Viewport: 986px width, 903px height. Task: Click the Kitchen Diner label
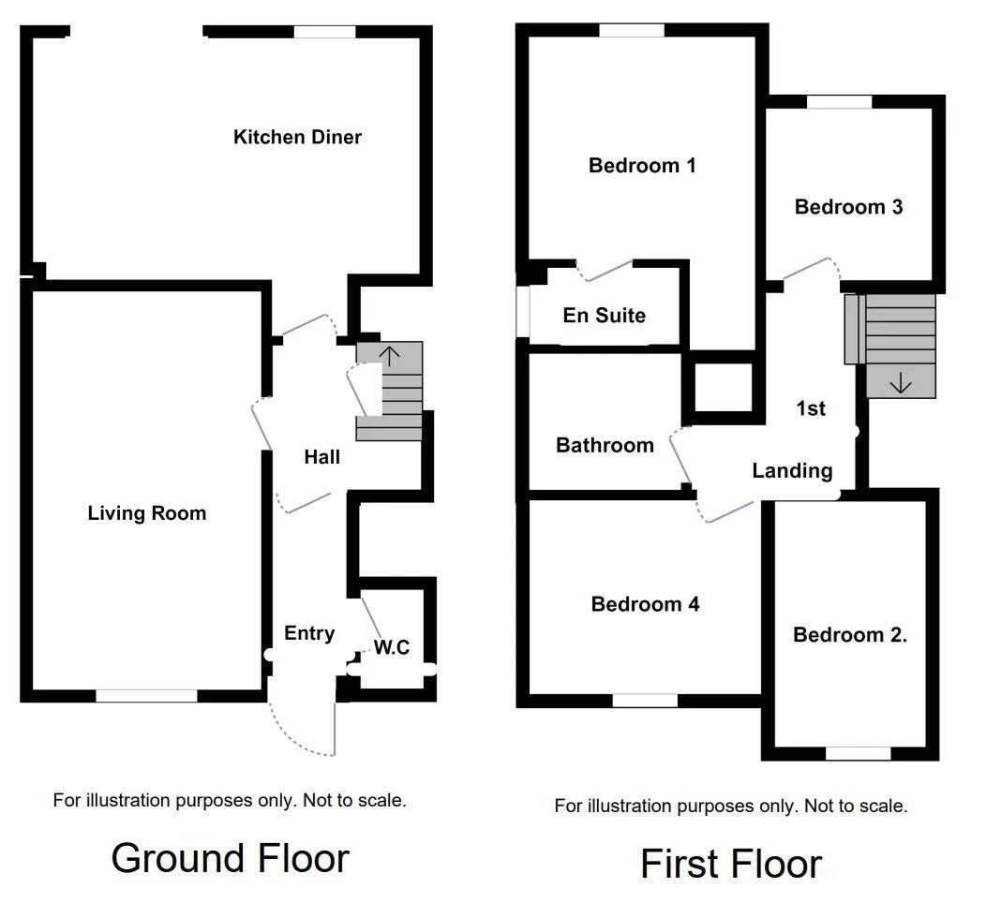coord(297,138)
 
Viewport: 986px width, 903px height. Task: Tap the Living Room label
coord(147,513)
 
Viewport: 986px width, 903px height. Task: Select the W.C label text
coord(392,647)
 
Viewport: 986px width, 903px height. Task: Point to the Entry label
coord(309,633)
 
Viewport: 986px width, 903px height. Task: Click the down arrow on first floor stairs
coord(900,382)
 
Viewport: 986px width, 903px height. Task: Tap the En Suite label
coord(604,316)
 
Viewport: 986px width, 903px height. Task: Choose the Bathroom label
coord(605,445)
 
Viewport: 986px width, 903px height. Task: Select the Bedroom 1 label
coord(642,166)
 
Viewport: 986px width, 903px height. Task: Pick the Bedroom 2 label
coord(849,635)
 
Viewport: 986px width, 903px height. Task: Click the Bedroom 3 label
coord(848,207)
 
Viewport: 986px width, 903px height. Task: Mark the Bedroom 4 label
coord(645,604)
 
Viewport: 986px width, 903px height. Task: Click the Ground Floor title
coord(230,857)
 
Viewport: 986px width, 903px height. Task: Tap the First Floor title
coord(730,863)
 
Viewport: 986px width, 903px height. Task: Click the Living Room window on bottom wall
coord(146,696)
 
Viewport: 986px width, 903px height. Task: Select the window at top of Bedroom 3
coord(839,102)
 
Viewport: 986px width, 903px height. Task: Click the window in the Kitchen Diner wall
coord(324,32)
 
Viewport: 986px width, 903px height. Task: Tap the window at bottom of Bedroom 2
coord(858,753)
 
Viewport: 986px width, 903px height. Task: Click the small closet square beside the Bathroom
coord(723,386)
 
